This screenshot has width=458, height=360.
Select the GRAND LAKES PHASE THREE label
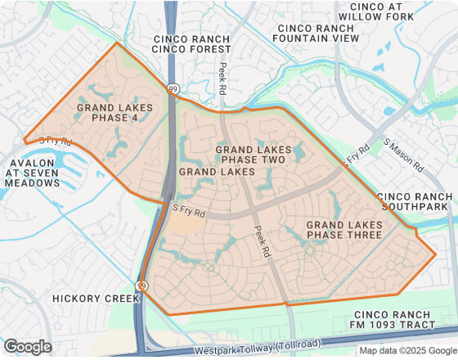343,230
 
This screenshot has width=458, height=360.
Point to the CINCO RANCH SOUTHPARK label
414,201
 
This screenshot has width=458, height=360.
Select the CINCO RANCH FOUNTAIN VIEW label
316,33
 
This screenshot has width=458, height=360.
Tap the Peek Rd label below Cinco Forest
222,79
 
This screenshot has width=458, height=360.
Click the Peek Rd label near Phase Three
262,242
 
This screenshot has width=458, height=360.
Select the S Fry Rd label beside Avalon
56,142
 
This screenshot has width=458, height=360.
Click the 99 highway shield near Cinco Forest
173,88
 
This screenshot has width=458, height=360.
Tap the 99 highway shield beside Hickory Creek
142,286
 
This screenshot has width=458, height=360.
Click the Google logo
27,347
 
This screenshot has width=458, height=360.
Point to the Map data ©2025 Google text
406,351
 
